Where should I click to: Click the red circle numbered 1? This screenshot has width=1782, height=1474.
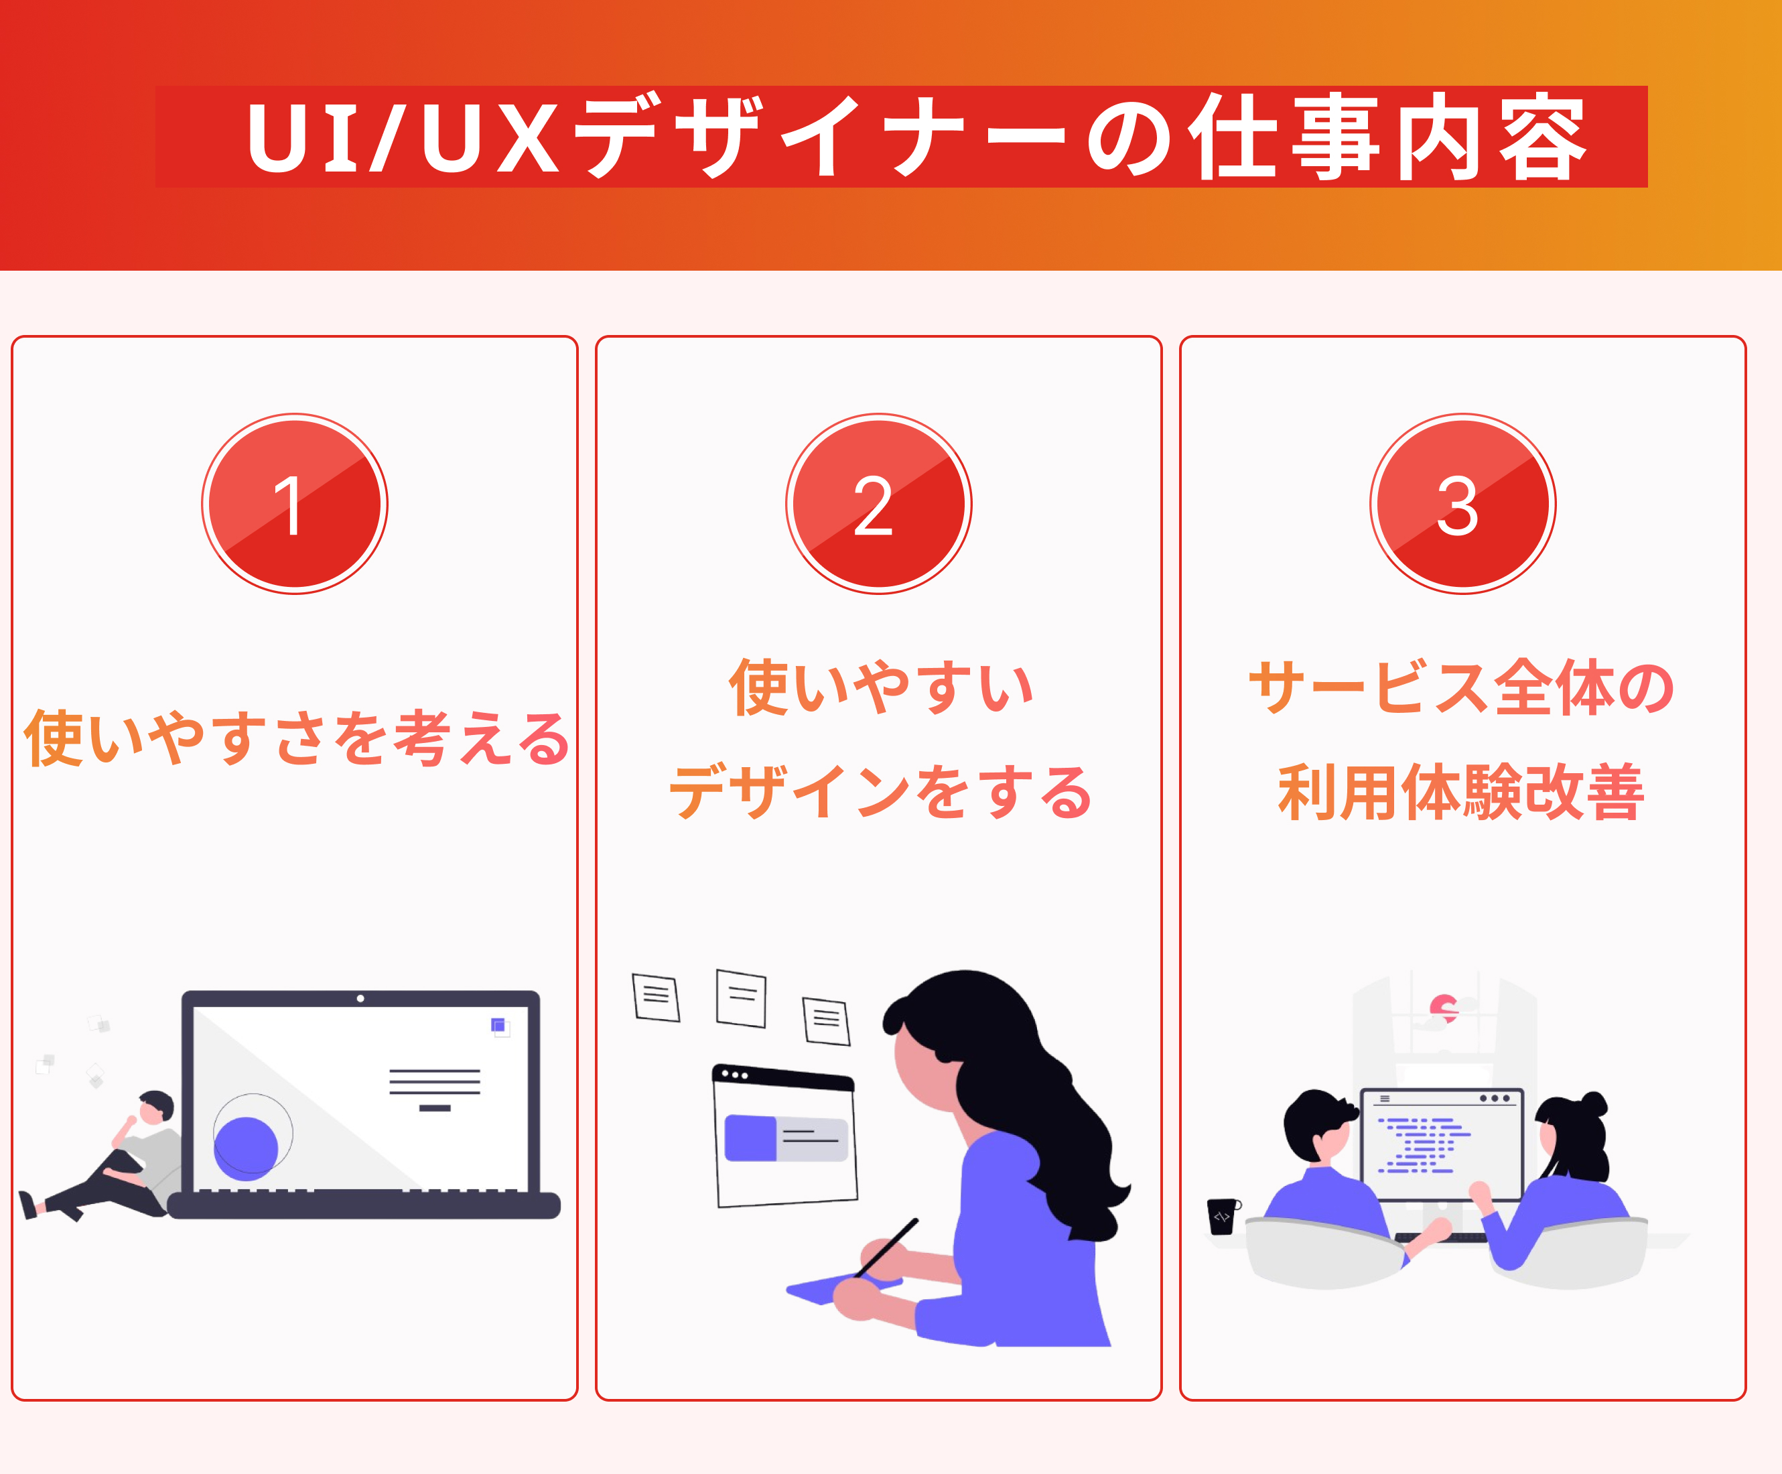coord(295,504)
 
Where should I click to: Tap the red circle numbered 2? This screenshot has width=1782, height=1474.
coord(878,504)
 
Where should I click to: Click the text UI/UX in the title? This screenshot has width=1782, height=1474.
coord(403,137)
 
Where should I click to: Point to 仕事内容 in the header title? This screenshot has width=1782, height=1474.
coord(1387,137)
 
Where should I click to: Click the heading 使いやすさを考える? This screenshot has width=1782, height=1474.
coord(295,738)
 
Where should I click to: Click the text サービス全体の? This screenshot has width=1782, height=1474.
coord(1461,687)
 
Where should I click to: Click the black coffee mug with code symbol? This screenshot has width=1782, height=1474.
coord(1222,1215)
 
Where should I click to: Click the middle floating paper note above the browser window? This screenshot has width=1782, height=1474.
coord(741,998)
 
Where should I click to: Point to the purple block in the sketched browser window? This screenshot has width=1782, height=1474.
coord(750,1137)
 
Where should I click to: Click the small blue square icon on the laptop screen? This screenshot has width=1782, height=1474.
coord(499,1025)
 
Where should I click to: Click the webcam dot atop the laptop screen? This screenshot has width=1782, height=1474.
coord(360,998)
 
